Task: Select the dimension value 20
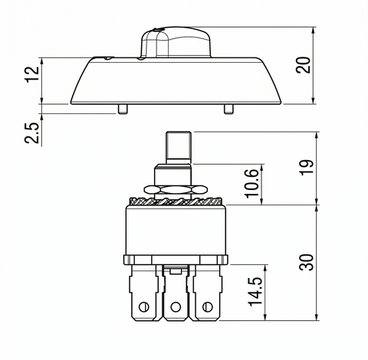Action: pyautogui.click(x=304, y=65)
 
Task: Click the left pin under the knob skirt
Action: pyautogui.click(x=123, y=109)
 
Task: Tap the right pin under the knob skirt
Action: pyautogui.click(x=228, y=109)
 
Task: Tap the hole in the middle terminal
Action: pyautogui.click(x=176, y=307)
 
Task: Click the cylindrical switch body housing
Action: pyautogui.click(x=176, y=230)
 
